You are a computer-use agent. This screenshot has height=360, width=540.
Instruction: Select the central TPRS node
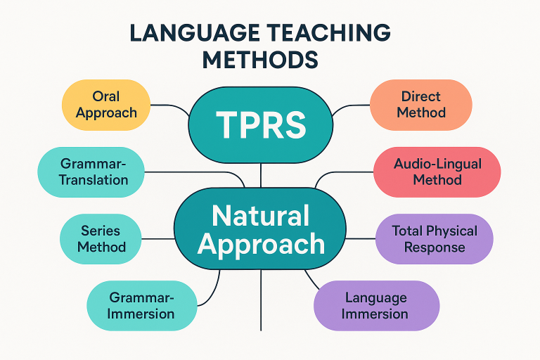point(261,124)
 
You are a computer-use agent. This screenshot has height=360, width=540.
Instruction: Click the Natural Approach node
point(261,229)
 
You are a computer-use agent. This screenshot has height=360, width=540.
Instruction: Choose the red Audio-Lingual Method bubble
point(437,172)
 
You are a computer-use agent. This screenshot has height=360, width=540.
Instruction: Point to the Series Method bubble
point(102,238)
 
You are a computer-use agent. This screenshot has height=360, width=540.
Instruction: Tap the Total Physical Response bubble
point(434,238)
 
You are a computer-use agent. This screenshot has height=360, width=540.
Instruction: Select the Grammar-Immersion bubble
point(141,304)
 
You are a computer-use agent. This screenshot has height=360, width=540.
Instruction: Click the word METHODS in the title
point(260,60)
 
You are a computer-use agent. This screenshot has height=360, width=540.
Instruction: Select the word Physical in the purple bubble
point(456,231)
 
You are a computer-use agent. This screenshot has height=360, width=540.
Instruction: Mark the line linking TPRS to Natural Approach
point(261,176)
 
